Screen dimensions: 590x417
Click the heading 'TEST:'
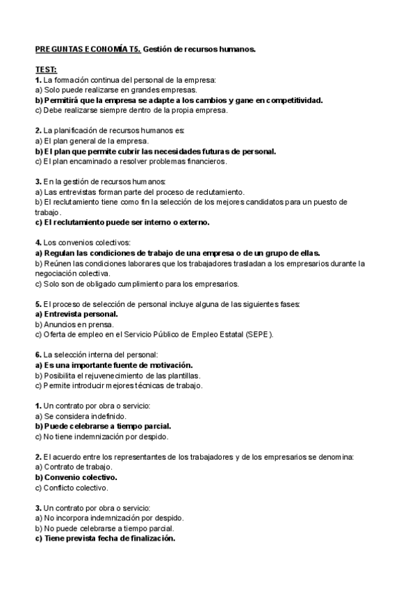[x=47, y=70]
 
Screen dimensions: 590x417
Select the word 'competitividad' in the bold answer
[x=291, y=100]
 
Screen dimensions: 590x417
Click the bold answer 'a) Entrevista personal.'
[x=76, y=314]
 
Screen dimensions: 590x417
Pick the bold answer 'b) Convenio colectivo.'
[x=76, y=477]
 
